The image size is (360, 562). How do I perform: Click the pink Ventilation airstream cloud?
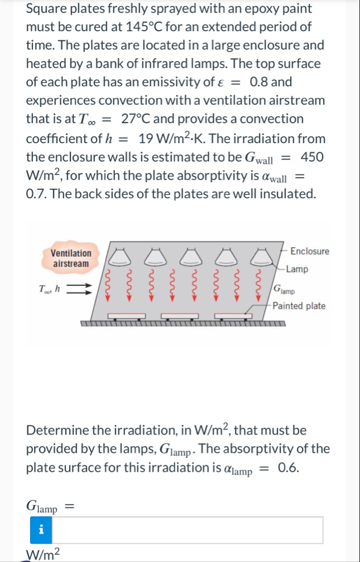tap(71, 258)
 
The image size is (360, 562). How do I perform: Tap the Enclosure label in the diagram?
tap(309, 251)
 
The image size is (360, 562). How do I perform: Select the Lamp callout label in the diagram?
tap(297, 269)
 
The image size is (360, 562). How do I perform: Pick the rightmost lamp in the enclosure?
tap(259, 257)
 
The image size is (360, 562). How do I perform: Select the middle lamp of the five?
tap(189, 257)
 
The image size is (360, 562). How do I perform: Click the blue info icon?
tap(40, 530)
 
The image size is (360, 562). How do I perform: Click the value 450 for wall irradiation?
tap(313, 156)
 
